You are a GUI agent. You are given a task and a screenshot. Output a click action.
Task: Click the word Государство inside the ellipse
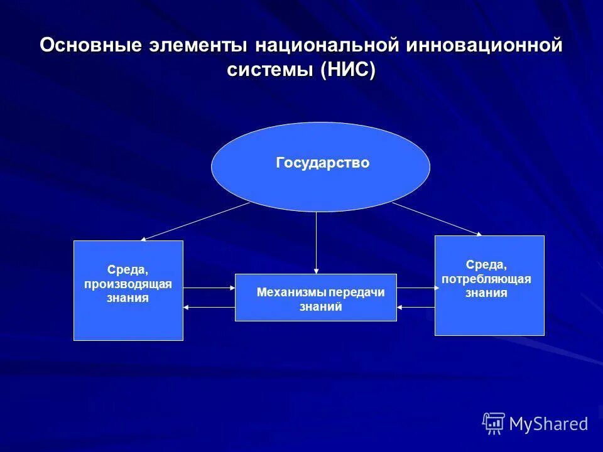[322, 163]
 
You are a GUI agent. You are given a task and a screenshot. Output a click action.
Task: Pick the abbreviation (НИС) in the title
[347, 70]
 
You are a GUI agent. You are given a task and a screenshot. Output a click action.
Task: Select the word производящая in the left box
[128, 284]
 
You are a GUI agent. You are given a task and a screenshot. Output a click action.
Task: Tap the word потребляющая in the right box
[486, 279]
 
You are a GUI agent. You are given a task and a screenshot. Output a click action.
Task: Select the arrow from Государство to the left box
[195, 221]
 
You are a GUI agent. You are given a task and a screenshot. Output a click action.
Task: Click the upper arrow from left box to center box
[209, 288]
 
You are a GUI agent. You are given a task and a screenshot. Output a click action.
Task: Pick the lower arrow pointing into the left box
[209, 307]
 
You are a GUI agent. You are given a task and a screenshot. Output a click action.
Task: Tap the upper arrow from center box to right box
[417, 288]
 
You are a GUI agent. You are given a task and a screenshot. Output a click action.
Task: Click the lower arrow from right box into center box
[417, 307]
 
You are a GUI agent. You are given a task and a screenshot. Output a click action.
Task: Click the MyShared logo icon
[494, 423]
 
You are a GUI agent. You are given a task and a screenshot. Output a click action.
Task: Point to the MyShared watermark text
[548, 424]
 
